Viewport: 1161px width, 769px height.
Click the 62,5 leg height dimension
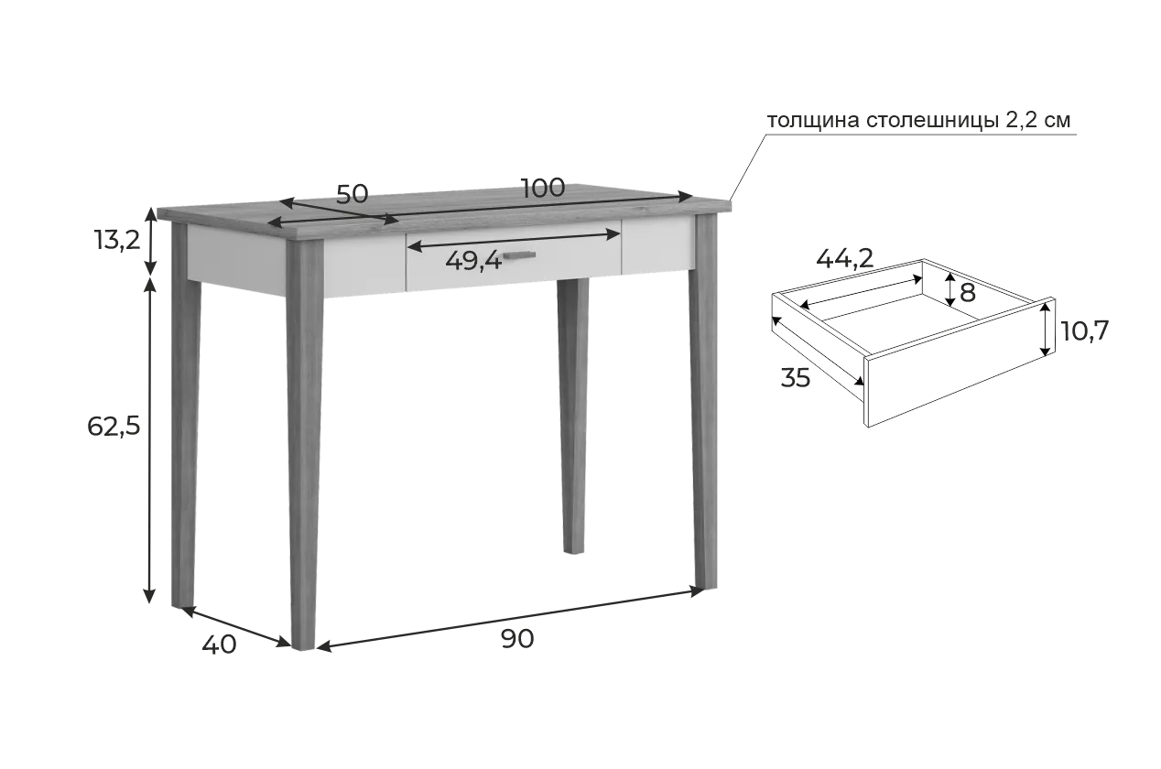pos(114,427)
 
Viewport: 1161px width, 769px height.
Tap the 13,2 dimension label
pos(117,241)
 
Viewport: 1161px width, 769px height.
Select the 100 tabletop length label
pos(543,188)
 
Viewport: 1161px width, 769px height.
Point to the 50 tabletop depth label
pos(352,194)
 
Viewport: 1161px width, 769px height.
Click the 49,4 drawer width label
pos(473,260)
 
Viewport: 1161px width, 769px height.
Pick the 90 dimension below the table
pos(517,639)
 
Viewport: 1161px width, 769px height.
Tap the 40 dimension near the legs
pos(219,644)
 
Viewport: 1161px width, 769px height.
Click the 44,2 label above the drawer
pos(845,258)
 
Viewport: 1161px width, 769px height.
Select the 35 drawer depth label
pos(795,378)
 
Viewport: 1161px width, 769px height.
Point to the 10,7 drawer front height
pos(1085,330)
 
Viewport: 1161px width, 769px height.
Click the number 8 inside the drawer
pos(968,293)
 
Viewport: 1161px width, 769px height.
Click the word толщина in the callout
pos(814,121)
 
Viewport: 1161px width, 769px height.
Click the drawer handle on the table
pos(519,254)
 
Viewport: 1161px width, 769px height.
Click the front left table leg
pos(304,446)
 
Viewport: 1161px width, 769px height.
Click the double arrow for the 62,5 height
pos(150,440)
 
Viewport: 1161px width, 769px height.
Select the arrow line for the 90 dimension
pos(510,619)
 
